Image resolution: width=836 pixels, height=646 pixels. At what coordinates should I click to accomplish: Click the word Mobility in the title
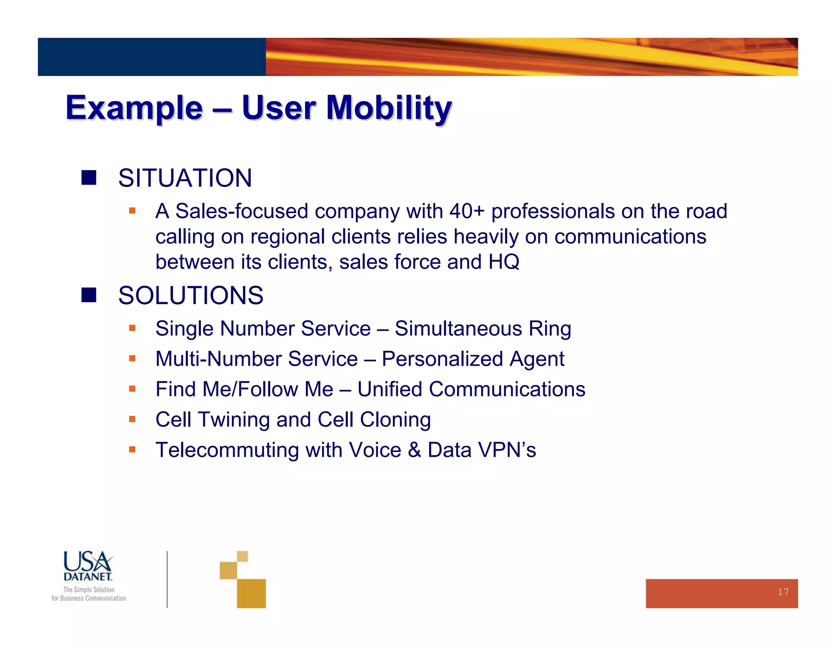point(389,108)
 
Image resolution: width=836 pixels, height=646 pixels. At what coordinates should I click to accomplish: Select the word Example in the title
point(134,108)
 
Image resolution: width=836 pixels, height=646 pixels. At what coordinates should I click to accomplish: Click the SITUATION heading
point(185,178)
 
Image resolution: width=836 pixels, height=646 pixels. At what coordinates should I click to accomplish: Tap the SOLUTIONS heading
point(191,295)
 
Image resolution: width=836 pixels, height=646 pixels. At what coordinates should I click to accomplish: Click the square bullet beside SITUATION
point(89,178)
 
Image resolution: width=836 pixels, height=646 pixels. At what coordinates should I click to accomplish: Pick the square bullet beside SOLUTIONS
point(89,295)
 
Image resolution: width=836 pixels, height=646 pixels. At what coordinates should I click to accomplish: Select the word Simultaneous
point(458,329)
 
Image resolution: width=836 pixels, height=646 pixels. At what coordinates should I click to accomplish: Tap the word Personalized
point(442,359)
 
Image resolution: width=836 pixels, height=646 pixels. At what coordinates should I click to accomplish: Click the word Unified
point(389,389)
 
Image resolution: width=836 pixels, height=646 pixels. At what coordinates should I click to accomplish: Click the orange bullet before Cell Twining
point(132,419)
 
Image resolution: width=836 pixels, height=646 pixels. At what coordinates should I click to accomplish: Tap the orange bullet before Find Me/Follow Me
point(132,389)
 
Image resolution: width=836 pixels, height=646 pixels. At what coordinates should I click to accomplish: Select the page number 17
point(783,592)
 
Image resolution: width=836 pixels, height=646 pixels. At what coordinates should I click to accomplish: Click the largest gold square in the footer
point(251,593)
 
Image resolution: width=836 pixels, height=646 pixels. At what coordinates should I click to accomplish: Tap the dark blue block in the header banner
point(151,57)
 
